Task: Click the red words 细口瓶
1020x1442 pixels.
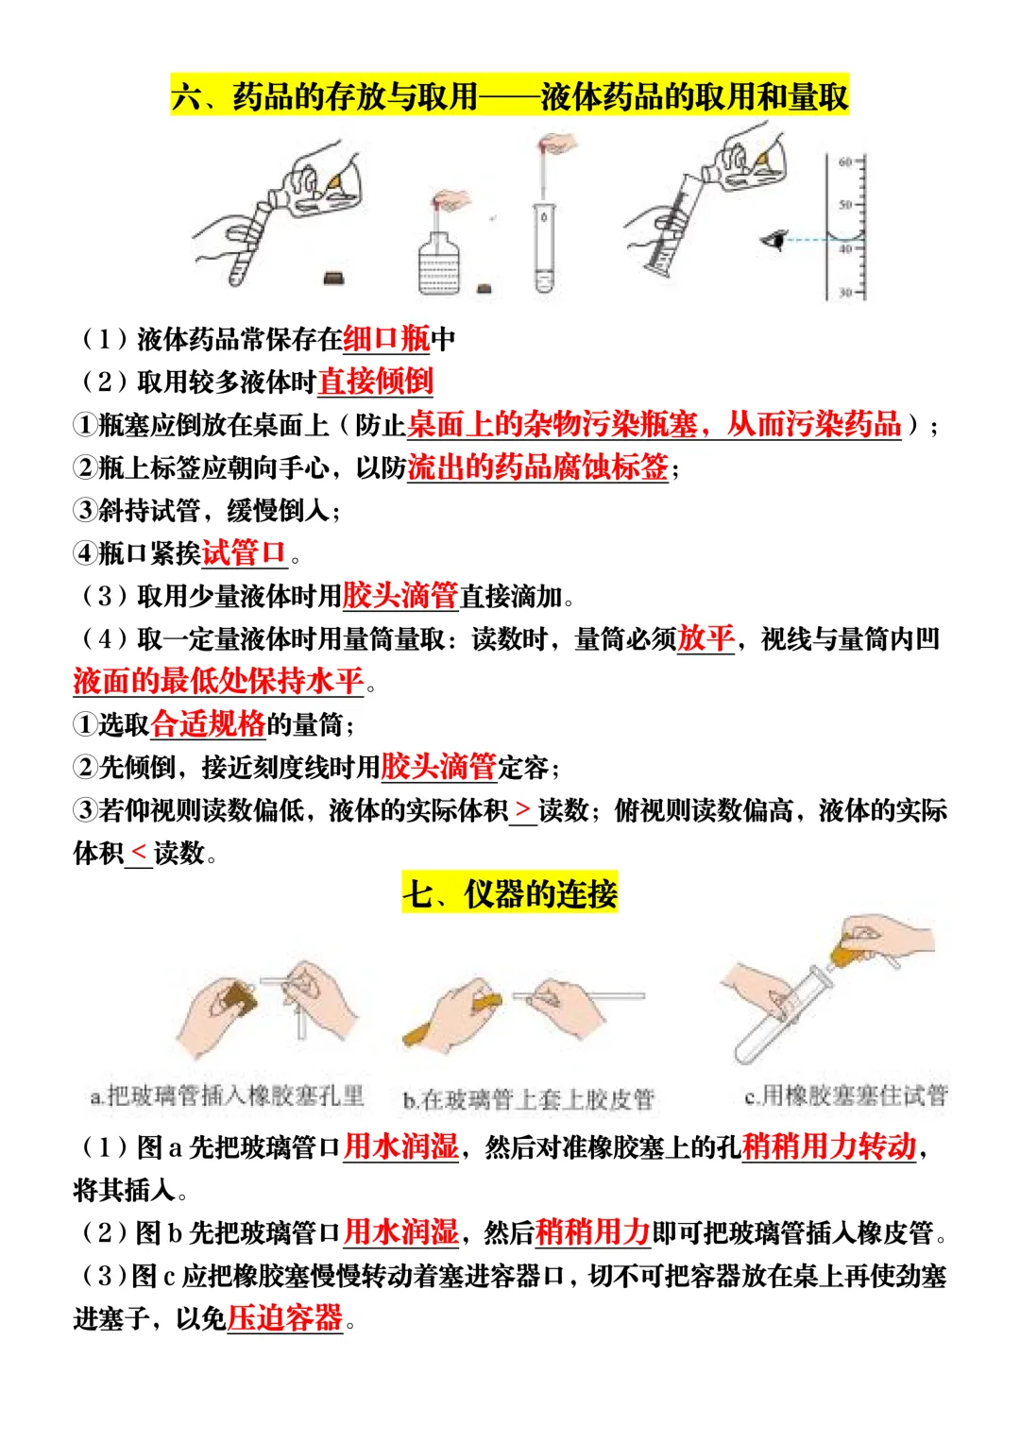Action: [x=386, y=338]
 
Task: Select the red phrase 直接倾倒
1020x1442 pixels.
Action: [x=375, y=382]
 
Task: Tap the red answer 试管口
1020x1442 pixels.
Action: [x=244, y=552]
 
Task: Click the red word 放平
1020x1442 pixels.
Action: [x=705, y=638]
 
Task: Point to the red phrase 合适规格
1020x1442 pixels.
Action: [x=208, y=724]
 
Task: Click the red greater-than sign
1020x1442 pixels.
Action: [x=523, y=810]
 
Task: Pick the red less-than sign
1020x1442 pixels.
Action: [x=138, y=854]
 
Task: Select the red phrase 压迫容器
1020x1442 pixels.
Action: [x=284, y=1317]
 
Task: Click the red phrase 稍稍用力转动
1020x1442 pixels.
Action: [x=828, y=1146]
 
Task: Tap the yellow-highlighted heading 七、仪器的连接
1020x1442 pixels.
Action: [x=510, y=893]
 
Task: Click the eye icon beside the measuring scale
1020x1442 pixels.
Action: [x=774, y=241]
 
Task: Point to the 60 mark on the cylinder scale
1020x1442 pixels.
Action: [x=845, y=161]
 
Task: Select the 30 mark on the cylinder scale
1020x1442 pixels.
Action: [x=845, y=293]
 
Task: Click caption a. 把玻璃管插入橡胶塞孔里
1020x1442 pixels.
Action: [x=227, y=1096]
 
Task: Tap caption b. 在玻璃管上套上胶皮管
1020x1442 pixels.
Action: [x=528, y=1099]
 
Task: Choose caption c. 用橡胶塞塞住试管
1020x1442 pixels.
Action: [x=845, y=1095]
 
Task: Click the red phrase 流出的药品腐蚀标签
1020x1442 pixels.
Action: [x=537, y=467]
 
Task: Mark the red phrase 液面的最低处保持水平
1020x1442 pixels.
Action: [x=218, y=681]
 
